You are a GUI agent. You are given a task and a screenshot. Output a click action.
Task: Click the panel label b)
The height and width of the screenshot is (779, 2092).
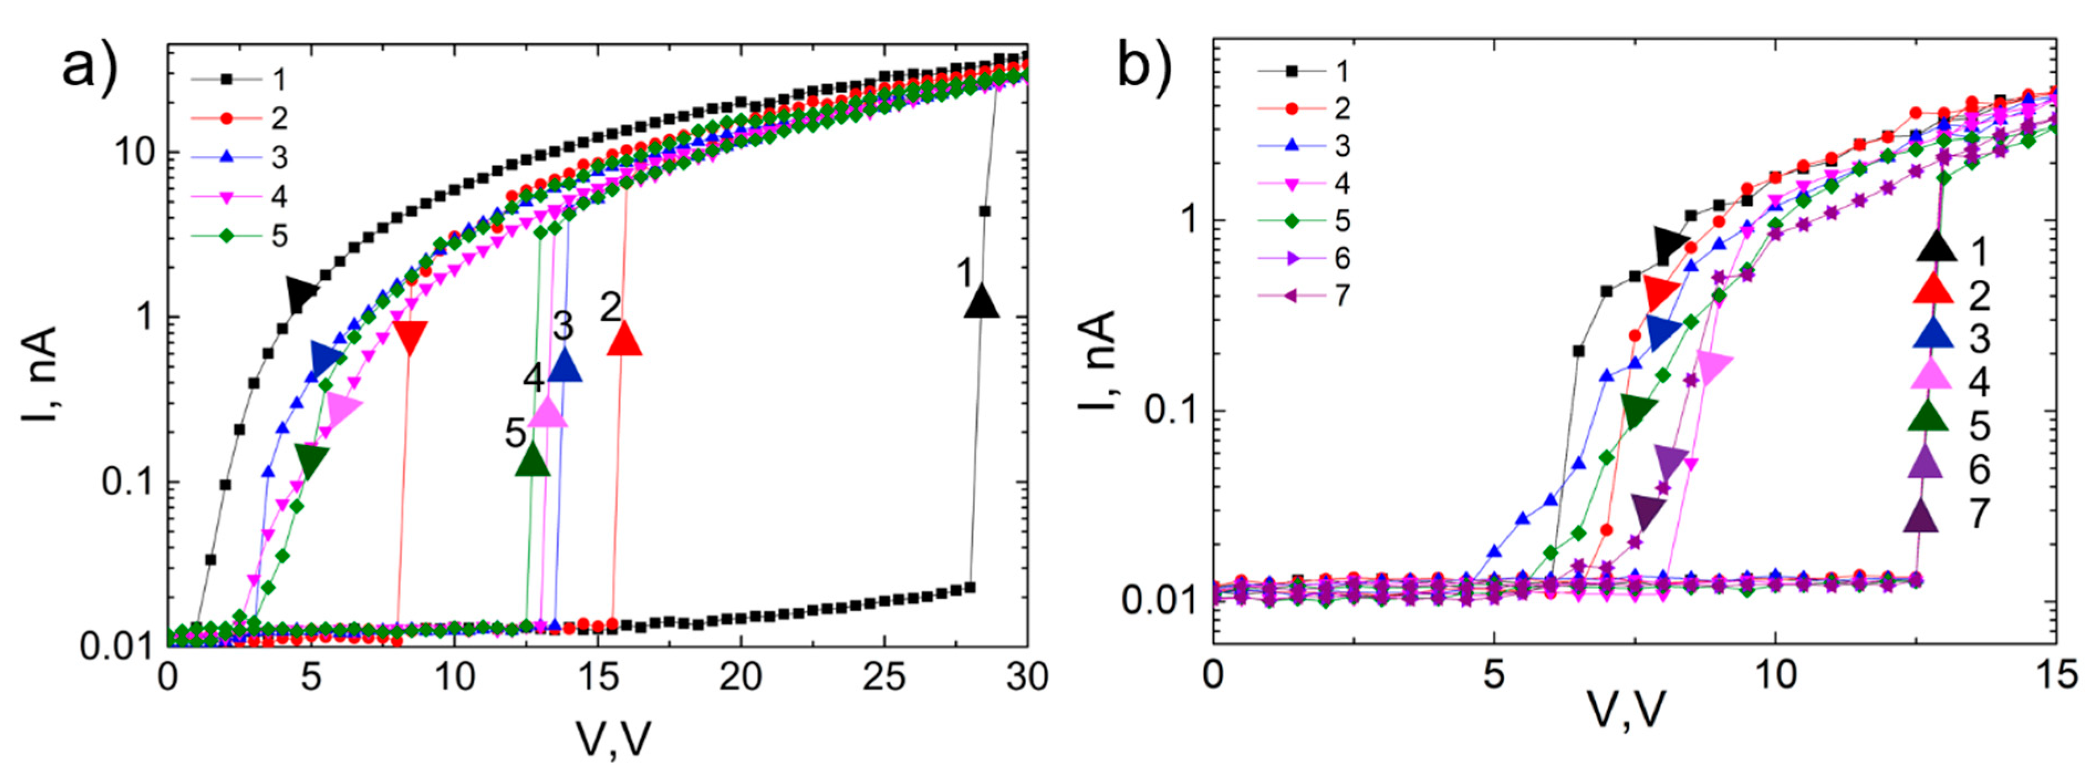click(x=1144, y=65)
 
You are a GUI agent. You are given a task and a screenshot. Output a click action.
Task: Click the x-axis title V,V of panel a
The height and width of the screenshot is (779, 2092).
click(x=613, y=739)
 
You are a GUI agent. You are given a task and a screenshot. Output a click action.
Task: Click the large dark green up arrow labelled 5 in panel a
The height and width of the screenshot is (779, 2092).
click(x=533, y=460)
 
